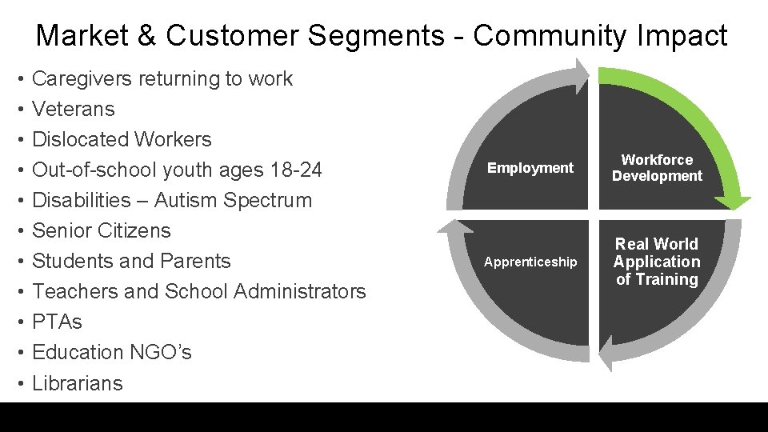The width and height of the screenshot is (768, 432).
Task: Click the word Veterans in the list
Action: [74, 109]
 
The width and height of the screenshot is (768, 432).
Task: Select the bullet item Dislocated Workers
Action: [122, 139]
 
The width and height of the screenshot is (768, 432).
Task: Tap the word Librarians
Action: [78, 383]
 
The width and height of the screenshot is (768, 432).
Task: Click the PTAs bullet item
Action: [57, 322]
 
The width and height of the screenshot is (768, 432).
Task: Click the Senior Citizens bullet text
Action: [102, 230]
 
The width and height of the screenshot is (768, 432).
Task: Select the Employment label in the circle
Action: [530, 168]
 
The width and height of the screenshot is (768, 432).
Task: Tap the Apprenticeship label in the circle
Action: [530, 262]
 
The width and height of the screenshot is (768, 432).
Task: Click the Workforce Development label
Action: [657, 168]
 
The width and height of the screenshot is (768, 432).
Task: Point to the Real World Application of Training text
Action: [657, 262]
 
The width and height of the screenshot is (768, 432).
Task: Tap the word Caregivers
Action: [82, 78]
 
